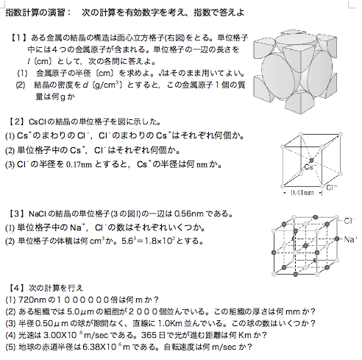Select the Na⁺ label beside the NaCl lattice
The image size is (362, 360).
348,239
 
